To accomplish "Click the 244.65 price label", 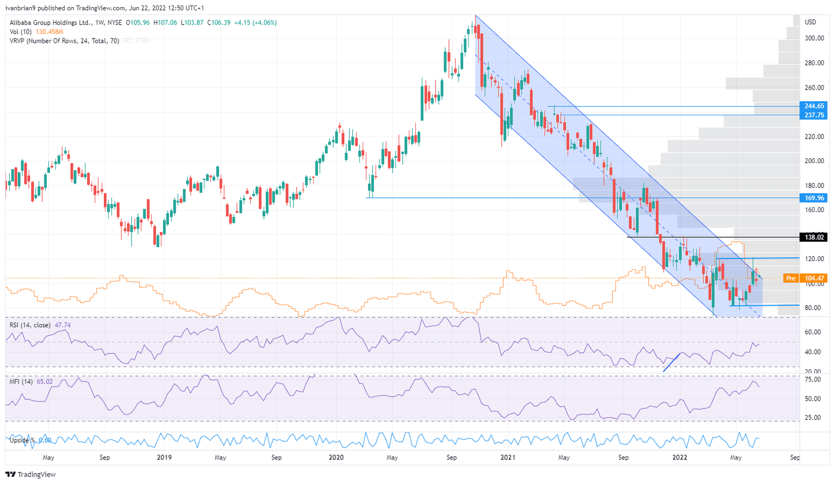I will point(814,106).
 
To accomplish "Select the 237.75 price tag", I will point(814,115).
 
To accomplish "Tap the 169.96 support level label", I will point(814,198).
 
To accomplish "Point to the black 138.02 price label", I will point(814,237).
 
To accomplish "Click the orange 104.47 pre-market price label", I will point(814,278).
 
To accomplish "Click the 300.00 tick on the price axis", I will point(814,38).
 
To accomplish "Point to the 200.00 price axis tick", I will point(814,161).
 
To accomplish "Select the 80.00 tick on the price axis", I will point(813,308).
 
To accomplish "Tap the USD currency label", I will point(811,22).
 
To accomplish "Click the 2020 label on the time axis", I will point(337,457).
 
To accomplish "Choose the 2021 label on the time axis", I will point(507,457).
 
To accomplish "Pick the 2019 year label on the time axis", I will point(164,457).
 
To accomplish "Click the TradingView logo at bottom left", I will point(31,474).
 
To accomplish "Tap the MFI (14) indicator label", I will point(21,382).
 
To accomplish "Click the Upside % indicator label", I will point(22,440).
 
